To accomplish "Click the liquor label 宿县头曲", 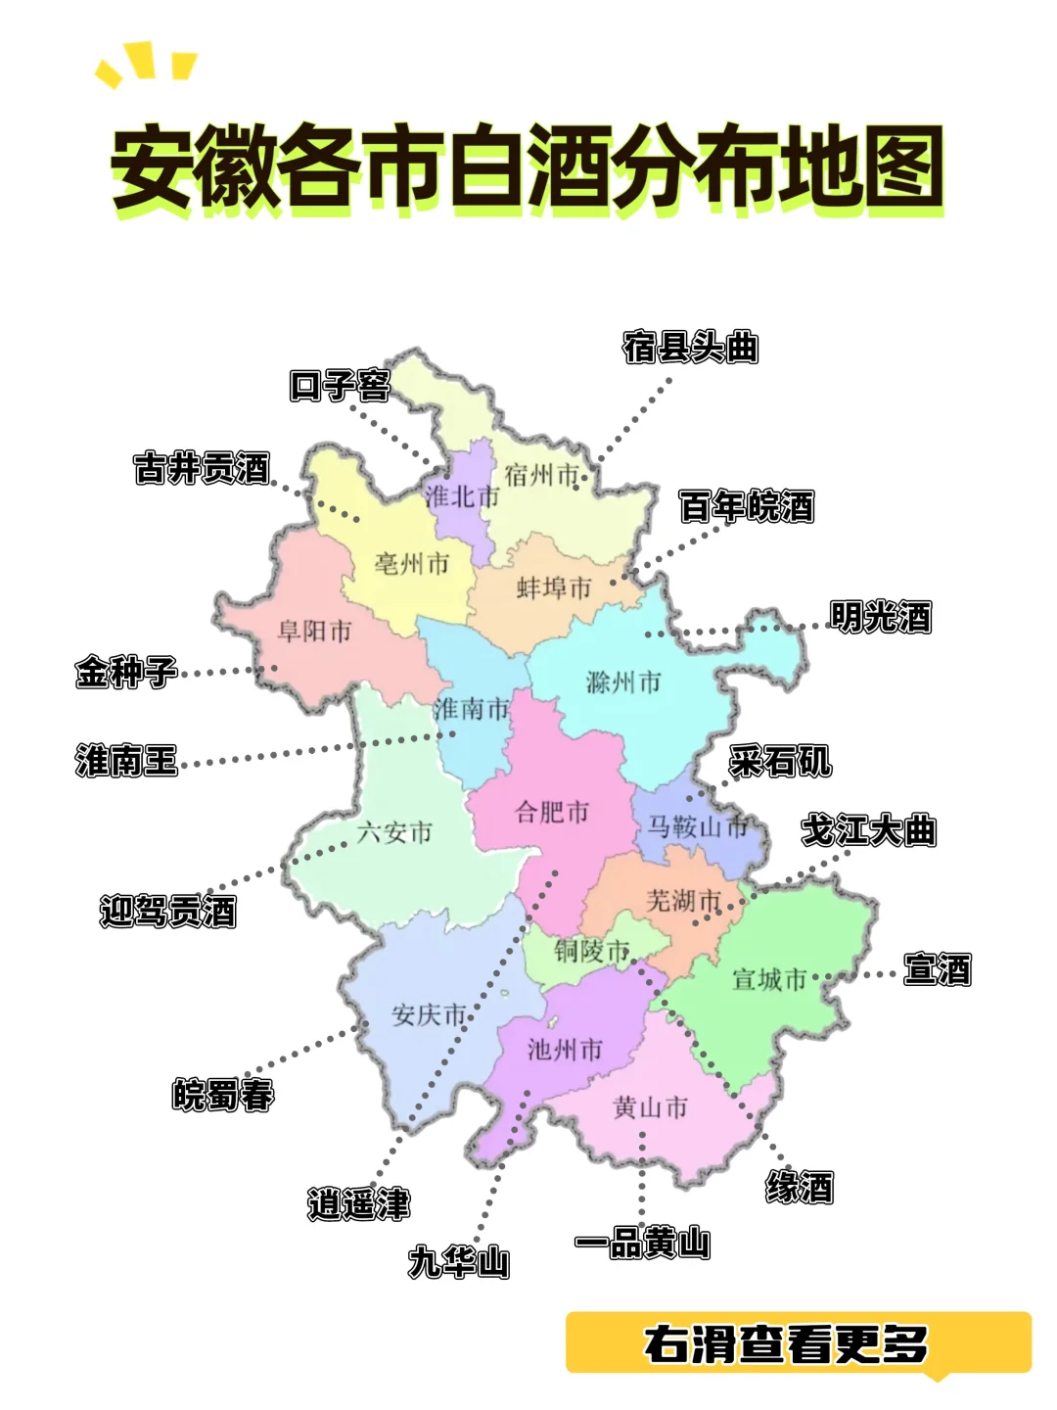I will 691,348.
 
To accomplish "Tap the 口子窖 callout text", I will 340,386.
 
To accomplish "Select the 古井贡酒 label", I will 202,468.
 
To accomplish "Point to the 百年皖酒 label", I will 747,507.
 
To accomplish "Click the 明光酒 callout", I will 881,617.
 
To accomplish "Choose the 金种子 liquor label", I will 127,673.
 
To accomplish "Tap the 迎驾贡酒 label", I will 168,912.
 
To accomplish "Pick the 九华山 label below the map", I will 459,1262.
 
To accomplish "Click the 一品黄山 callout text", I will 642,1244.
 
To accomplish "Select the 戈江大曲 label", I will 869,830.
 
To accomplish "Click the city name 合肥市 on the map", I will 552,812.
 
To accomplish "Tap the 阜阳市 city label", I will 314,632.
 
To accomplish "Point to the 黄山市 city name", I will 650,1107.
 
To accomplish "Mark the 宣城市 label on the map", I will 769,979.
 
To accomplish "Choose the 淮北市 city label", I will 462,496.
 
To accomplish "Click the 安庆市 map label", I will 429,1015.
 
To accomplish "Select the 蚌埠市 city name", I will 554,587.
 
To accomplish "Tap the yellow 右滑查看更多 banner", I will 799,1343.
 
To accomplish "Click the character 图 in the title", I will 895,166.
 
